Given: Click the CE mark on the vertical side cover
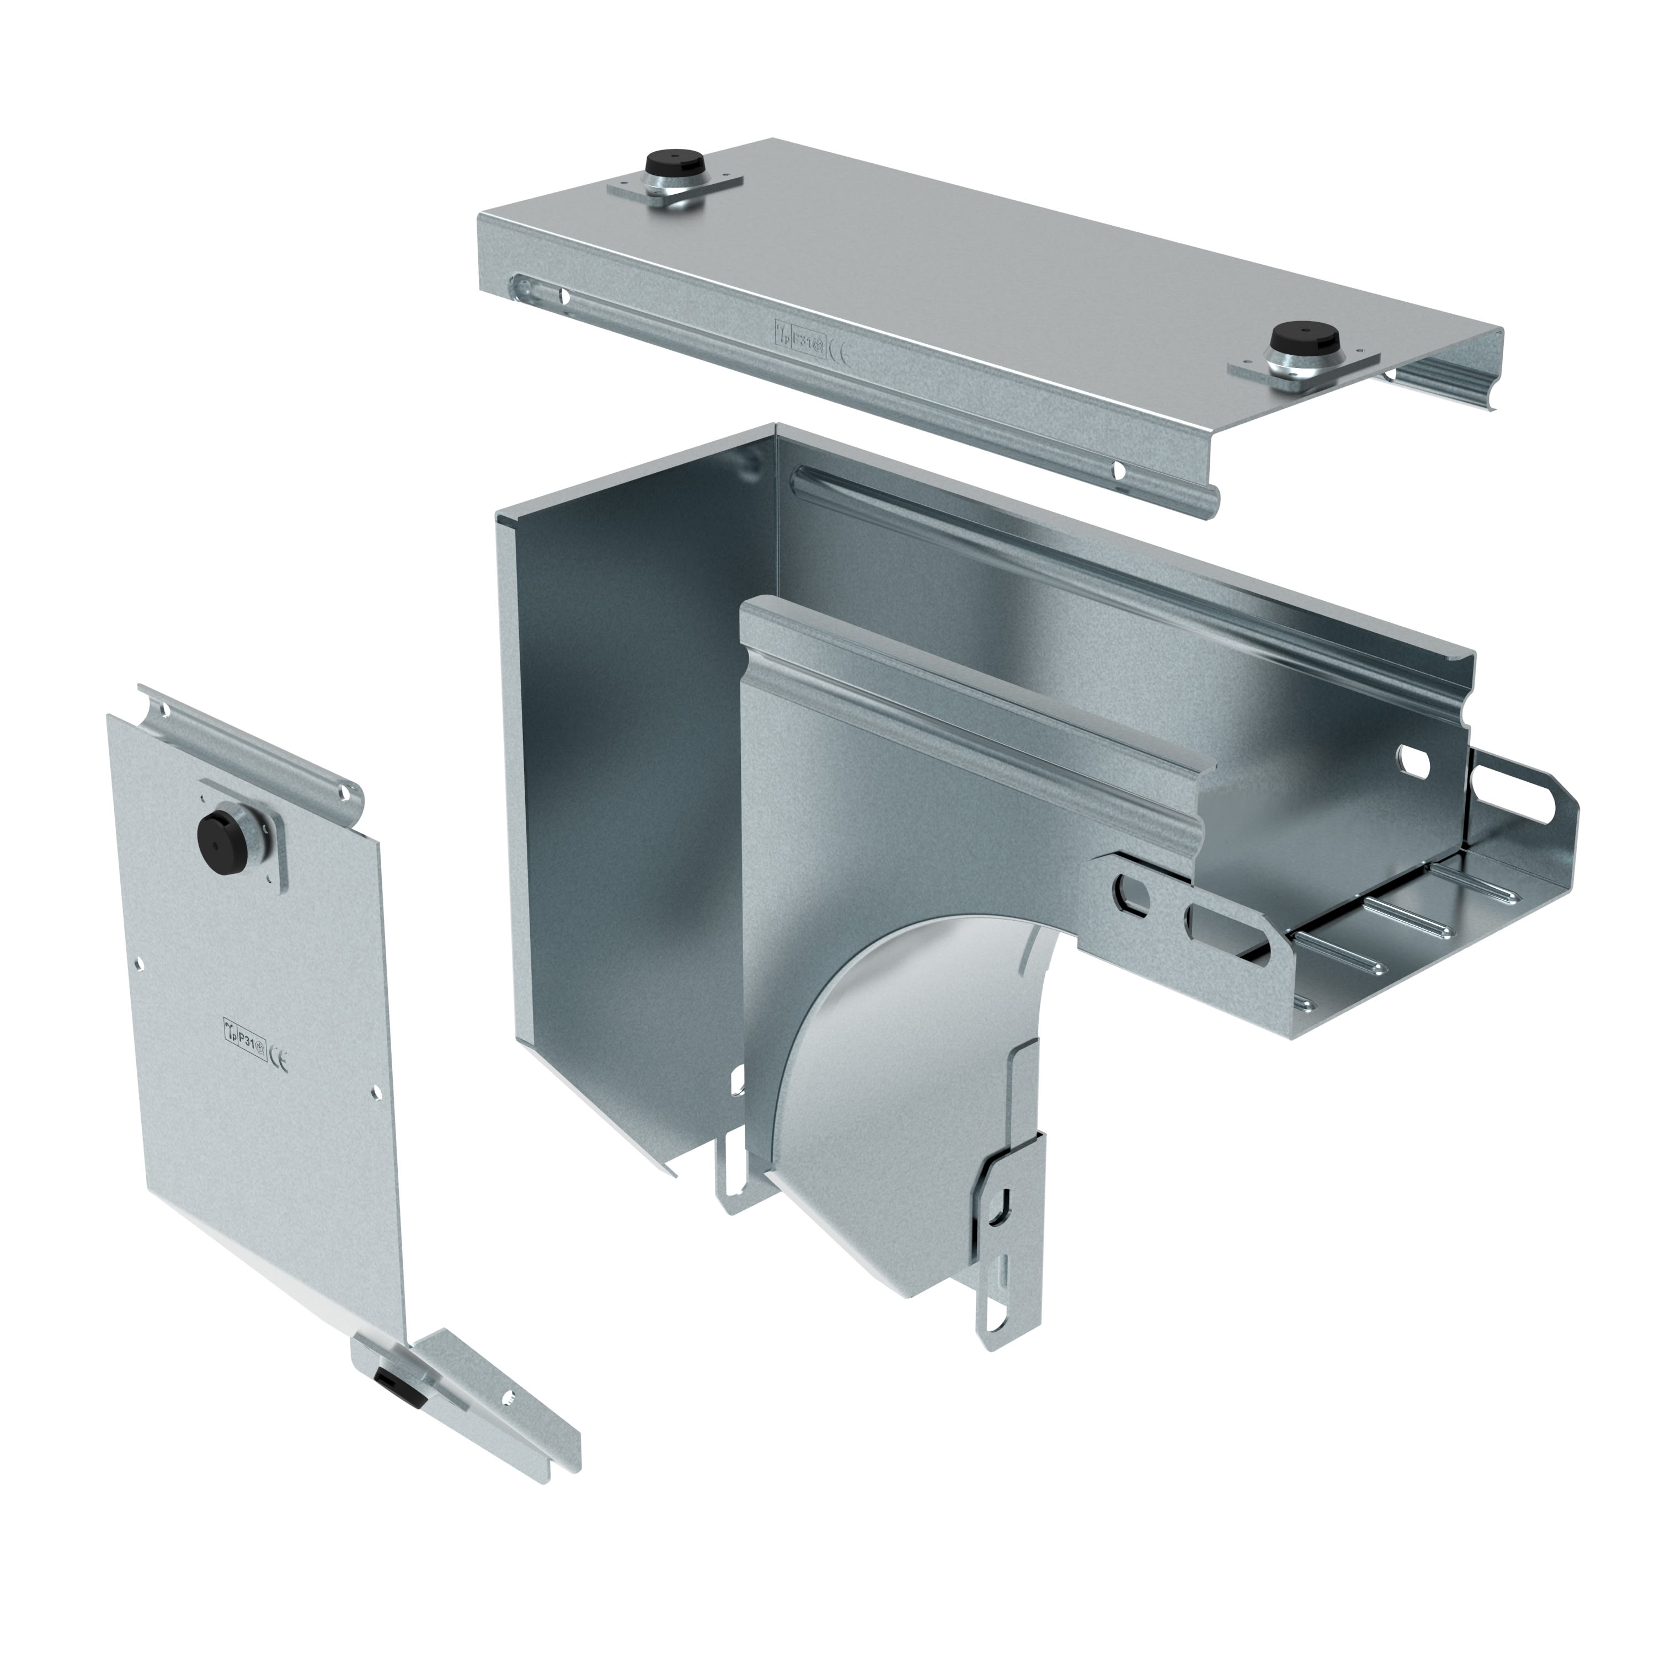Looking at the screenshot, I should pos(279,1062).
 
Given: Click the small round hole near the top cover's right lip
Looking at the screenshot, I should pos(1119,469).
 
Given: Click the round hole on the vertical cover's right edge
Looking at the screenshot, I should pos(376,1093).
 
